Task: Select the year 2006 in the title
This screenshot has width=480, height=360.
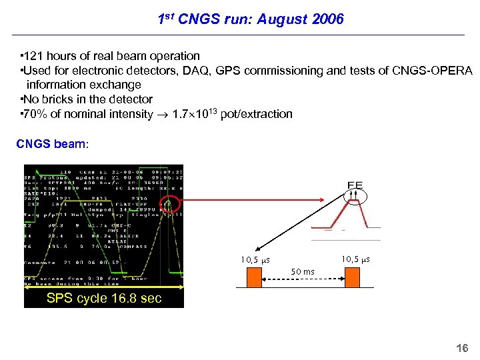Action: pos(327,19)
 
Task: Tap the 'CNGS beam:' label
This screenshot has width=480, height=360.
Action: pos(51,144)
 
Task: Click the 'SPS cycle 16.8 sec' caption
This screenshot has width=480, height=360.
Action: pos(103,298)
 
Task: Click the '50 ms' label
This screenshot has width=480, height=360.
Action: pos(303,272)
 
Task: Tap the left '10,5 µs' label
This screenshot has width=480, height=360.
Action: pos(255,259)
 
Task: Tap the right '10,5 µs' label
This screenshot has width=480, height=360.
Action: pos(355,259)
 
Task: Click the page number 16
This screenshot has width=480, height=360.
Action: pos(461,348)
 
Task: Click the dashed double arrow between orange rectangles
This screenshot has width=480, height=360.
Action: pos(303,279)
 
